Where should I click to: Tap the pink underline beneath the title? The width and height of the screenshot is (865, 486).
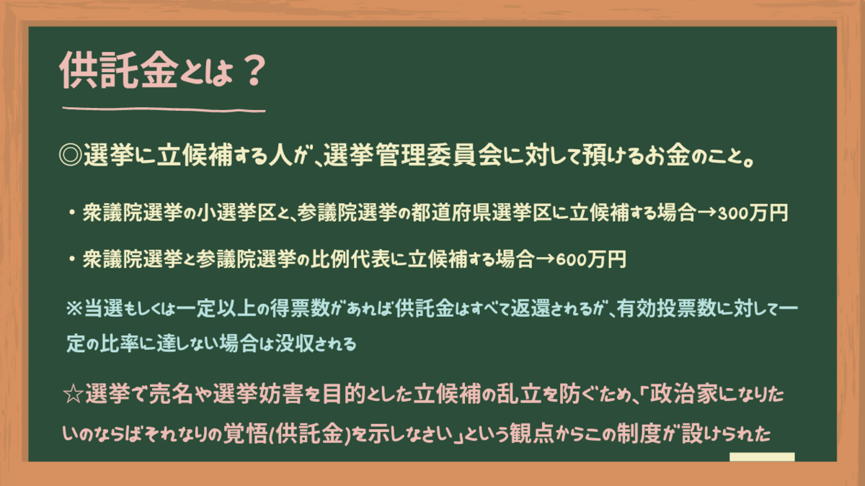(x=164, y=109)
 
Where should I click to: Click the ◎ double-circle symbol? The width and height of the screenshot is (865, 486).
(x=71, y=156)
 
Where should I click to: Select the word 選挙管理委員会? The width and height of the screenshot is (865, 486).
(x=413, y=155)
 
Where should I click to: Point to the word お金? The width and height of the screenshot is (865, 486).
(x=667, y=155)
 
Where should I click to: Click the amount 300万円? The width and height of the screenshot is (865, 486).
(x=753, y=213)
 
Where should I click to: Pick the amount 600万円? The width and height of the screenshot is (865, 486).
(x=591, y=259)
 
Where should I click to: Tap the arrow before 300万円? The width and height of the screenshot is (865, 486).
(x=706, y=213)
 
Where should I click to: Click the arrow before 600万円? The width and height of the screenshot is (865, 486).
(x=545, y=260)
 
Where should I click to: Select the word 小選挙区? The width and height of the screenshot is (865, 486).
(x=236, y=212)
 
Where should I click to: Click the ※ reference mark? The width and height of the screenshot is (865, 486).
(x=74, y=309)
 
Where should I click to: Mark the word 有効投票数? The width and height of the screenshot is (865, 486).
(x=666, y=309)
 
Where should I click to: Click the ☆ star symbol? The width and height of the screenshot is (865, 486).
(x=74, y=395)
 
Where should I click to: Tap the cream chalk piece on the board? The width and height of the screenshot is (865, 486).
(x=762, y=457)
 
